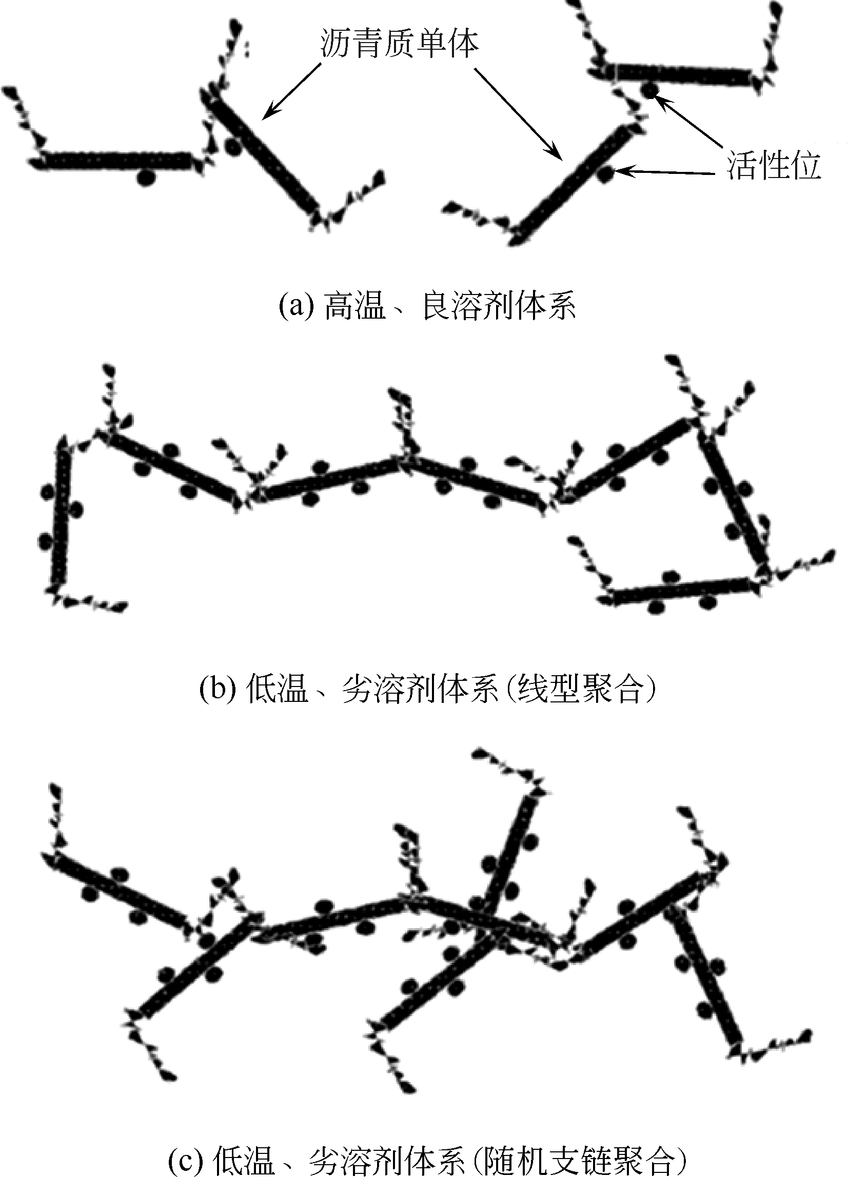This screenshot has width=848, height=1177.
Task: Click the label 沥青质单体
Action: [x=399, y=44]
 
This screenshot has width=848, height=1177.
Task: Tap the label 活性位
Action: [x=773, y=166]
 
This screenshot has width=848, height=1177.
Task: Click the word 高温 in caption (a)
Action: [x=355, y=307]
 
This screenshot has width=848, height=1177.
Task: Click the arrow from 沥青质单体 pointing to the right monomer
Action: [x=518, y=114]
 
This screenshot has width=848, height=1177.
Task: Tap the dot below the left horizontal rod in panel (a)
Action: [x=146, y=178]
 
